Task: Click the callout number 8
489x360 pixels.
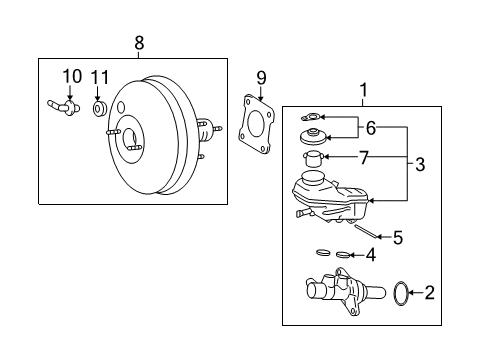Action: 139,42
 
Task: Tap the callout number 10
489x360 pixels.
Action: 71,75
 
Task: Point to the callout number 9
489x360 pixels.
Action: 261,76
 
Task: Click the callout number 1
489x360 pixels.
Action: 363,89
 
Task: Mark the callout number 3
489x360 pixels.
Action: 420,164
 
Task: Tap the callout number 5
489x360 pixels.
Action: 397,238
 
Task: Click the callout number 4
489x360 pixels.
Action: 371,255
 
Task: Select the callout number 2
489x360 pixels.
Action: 430,293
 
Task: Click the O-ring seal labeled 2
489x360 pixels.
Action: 400,293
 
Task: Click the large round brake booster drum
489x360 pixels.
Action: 150,140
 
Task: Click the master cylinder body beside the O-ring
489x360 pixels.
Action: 340,295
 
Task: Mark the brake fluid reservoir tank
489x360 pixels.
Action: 325,195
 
